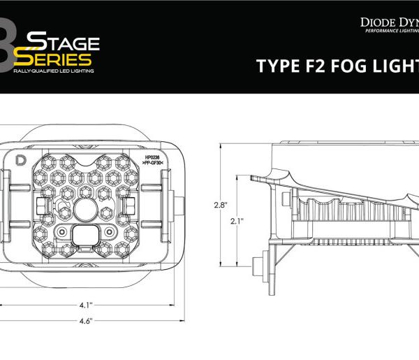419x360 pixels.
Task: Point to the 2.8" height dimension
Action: (220, 205)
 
